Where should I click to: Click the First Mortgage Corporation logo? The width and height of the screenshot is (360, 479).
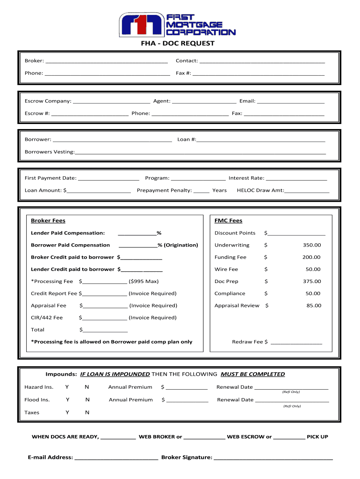coord(177,24)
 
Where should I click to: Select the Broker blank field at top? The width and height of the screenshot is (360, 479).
coord(107,61)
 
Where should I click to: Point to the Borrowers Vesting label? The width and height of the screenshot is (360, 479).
coord(49,152)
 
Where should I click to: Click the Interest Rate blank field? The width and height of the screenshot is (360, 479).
coord(296,178)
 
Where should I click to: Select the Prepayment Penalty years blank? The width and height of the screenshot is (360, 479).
coord(201,191)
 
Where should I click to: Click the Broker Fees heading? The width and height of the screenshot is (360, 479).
coord(48,221)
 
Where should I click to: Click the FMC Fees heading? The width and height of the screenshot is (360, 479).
coord(228,221)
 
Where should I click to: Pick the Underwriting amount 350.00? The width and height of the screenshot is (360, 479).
coord(311,245)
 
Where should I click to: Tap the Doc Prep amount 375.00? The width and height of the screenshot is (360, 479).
coord(311,282)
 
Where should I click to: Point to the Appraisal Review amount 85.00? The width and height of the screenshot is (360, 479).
coord(314,305)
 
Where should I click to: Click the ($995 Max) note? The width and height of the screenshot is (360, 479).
coord(144,282)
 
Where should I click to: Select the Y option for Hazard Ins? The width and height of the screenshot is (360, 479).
coord(67,387)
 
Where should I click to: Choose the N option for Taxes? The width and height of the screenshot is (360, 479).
coord(87,413)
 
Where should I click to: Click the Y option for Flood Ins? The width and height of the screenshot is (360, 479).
coord(67,400)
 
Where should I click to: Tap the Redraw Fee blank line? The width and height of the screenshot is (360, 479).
coord(296,342)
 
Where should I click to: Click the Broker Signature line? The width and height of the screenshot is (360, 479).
coord(273,458)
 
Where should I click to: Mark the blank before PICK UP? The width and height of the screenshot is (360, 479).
coord(289,437)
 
